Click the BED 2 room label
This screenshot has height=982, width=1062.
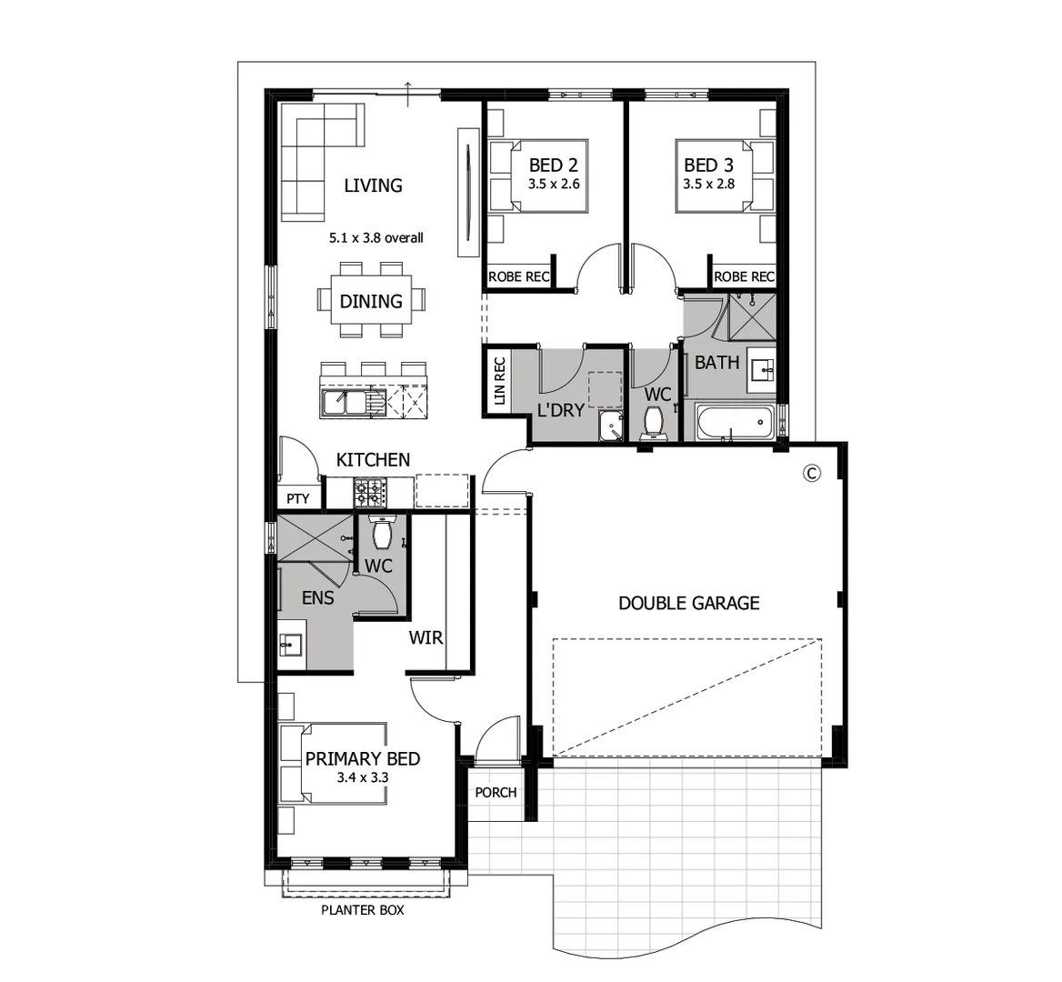tap(554, 165)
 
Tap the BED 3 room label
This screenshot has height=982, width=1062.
tap(708, 165)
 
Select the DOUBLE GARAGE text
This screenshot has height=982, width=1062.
tap(688, 603)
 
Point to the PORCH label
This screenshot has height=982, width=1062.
tap(496, 792)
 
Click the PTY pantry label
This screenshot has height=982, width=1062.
tap(298, 498)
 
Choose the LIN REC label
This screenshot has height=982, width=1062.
tap(498, 381)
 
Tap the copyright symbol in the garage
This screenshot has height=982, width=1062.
tap(812, 472)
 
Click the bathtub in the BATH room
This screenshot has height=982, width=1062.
tap(734, 423)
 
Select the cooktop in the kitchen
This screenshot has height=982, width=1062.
tap(370, 492)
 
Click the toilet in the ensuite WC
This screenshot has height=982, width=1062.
tap(383, 534)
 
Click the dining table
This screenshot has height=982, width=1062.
tap(371, 300)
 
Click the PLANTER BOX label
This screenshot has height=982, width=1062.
tap(363, 910)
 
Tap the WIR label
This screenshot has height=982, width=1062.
tap(426, 637)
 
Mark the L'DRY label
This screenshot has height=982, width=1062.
tap(560, 410)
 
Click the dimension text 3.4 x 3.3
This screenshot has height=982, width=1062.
tap(362, 777)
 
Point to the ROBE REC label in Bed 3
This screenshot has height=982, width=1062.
tap(744, 276)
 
